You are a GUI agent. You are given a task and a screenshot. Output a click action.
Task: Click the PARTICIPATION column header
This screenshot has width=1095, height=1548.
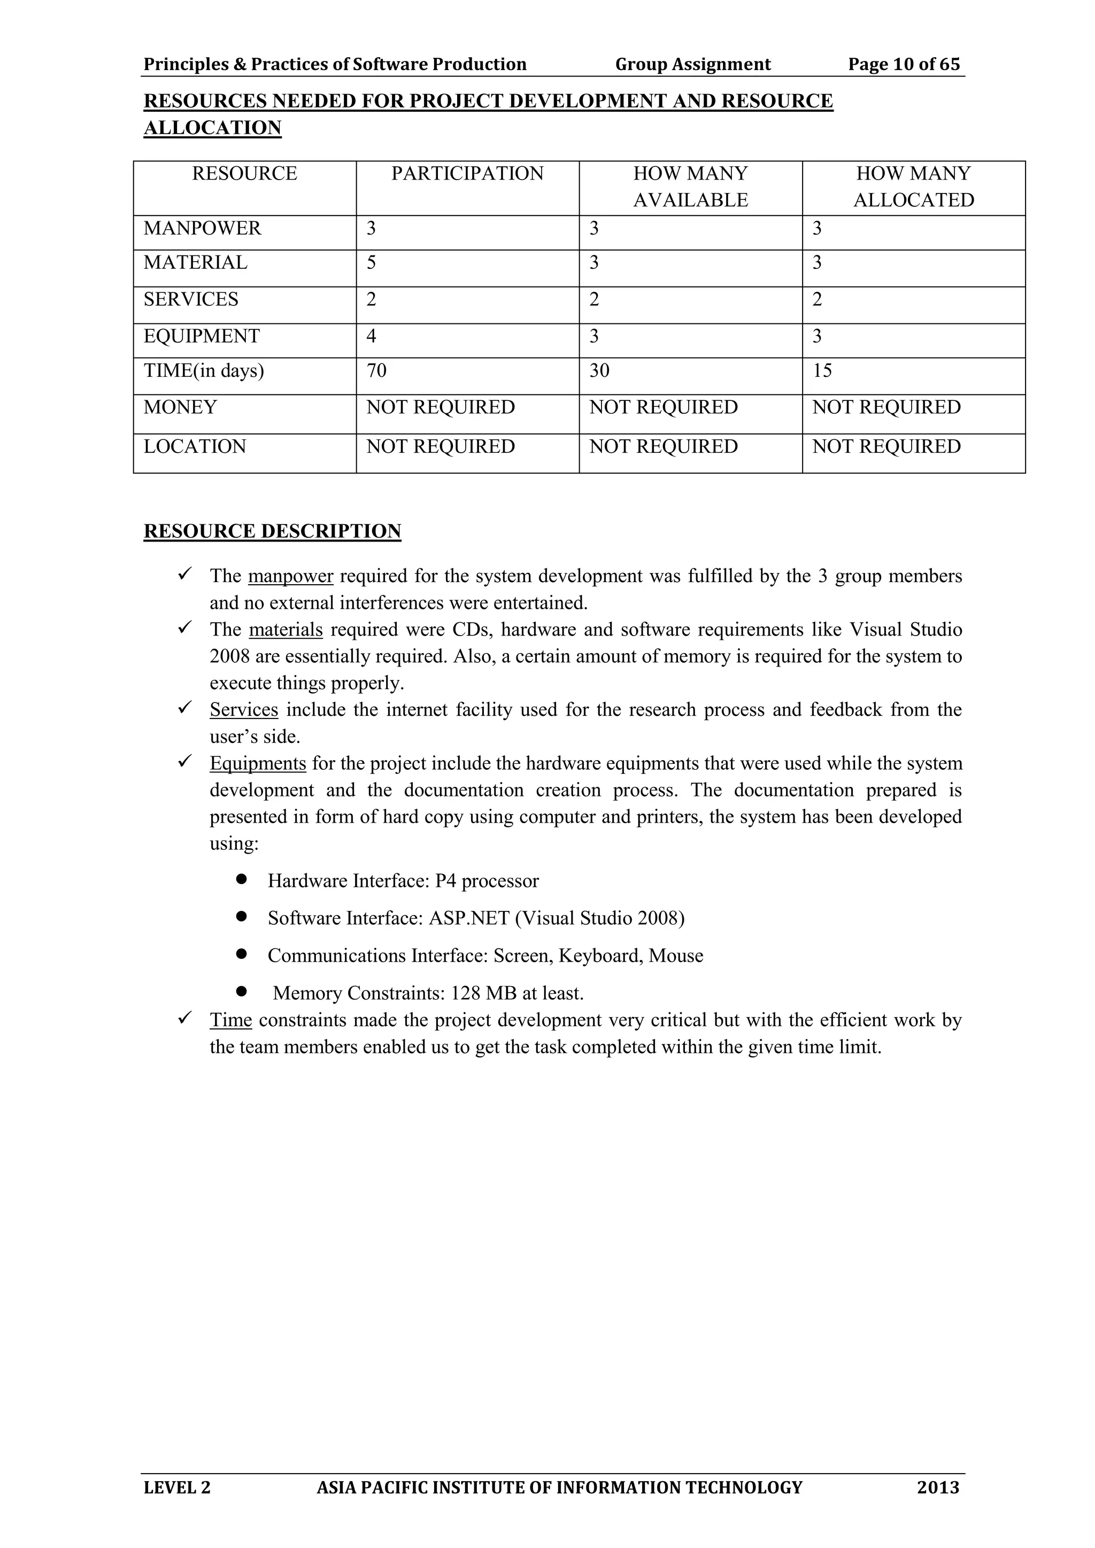[467, 174]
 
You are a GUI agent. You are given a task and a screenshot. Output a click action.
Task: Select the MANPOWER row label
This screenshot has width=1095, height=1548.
[202, 229]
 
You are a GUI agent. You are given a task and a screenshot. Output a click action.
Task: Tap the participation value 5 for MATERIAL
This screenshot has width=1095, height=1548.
[372, 262]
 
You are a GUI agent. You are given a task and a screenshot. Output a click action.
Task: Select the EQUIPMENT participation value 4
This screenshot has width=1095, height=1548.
[372, 336]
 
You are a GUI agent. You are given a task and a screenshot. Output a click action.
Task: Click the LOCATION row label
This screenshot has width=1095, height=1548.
[195, 446]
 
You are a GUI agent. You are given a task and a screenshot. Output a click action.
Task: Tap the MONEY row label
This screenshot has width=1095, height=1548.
[180, 407]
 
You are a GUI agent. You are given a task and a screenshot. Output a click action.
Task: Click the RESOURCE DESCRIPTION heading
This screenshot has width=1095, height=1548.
[272, 531]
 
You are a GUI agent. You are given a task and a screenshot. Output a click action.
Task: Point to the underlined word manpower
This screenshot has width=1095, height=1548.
[291, 576]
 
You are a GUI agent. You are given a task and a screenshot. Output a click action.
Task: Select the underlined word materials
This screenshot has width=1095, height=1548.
[286, 630]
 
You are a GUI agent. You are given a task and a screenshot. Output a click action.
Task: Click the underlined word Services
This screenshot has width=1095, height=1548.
[244, 710]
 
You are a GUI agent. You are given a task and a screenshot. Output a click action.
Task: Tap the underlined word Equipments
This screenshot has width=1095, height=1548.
[258, 763]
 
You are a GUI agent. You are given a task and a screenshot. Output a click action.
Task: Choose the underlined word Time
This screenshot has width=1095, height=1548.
[230, 1020]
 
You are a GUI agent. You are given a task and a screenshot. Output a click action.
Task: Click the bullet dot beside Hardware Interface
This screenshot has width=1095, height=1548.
[241, 880]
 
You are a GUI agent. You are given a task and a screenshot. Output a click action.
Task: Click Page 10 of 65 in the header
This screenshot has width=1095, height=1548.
[904, 64]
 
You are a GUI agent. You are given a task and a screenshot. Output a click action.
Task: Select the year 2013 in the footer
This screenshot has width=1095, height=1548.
[938, 1487]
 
